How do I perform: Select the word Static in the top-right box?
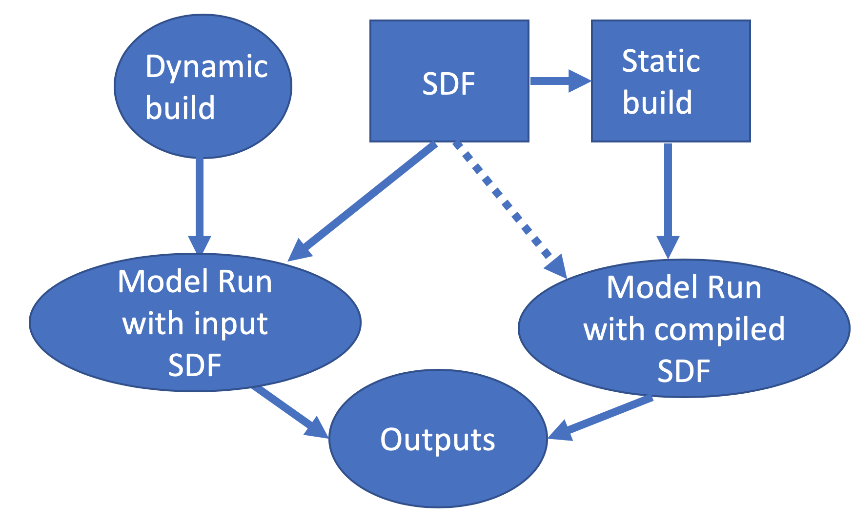point(661,61)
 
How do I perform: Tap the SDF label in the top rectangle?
point(448,83)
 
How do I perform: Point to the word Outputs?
point(437,440)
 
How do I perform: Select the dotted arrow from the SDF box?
point(503,200)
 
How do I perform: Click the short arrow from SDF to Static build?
point(556,81)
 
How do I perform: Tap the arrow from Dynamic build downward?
point(200,200)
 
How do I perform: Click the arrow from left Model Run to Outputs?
point(288,410)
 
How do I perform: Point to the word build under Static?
point(657,102)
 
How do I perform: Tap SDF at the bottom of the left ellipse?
point(195,365)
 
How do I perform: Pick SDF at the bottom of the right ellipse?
point(683,371)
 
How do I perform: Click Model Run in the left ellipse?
point(195,282)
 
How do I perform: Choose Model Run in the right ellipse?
point(683,287)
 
